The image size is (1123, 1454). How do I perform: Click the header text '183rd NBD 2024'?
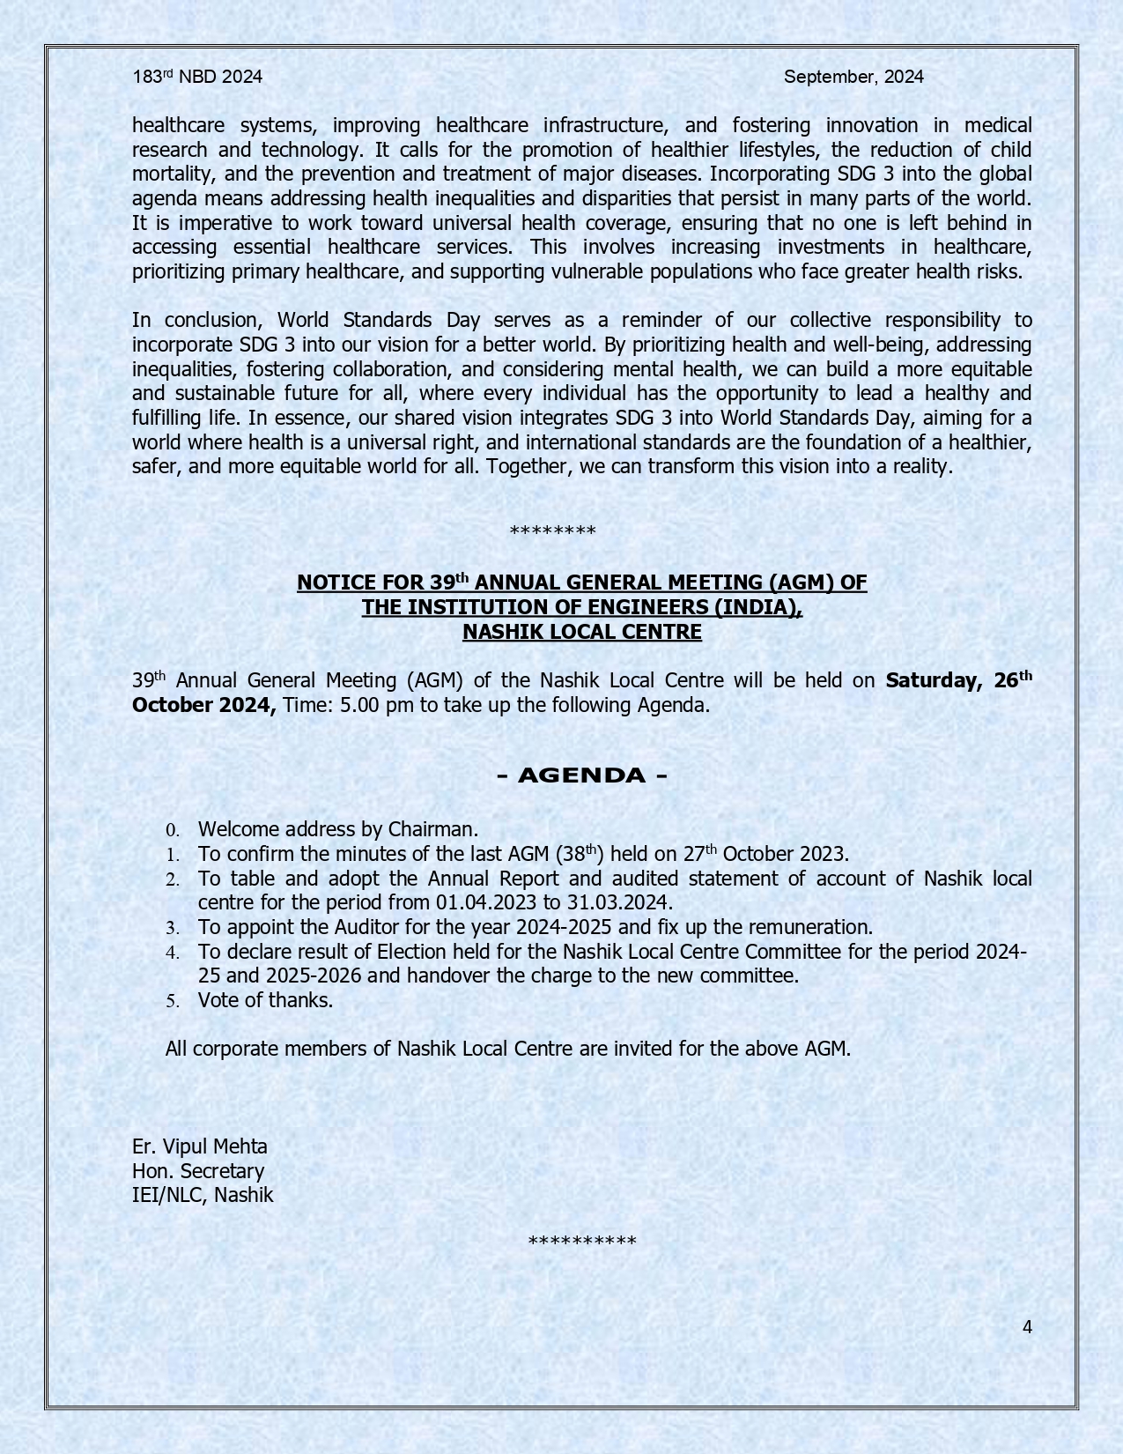pos(197,77)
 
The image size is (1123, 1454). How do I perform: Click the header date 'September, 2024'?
pos(853,77)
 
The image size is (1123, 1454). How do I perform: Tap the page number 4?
pos(1027,1327)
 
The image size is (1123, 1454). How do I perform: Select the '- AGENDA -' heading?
pos(582,775)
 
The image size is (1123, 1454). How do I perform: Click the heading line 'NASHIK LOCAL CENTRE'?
pos(582,632)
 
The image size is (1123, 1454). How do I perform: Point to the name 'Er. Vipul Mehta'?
pos(200,1146)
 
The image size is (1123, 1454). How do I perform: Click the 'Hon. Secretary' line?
pos(198,1171)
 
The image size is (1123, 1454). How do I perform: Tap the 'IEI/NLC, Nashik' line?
pos(203,1196)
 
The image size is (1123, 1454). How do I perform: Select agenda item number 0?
pos(173,830)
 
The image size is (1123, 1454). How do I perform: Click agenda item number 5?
pos(173,1001)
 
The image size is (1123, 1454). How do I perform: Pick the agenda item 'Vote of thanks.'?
pos(265,1000)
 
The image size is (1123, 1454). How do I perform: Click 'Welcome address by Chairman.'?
pos(338,829)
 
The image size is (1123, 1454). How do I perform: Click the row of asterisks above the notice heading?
pos(553,531)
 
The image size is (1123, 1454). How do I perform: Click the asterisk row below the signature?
pos(582,1243)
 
